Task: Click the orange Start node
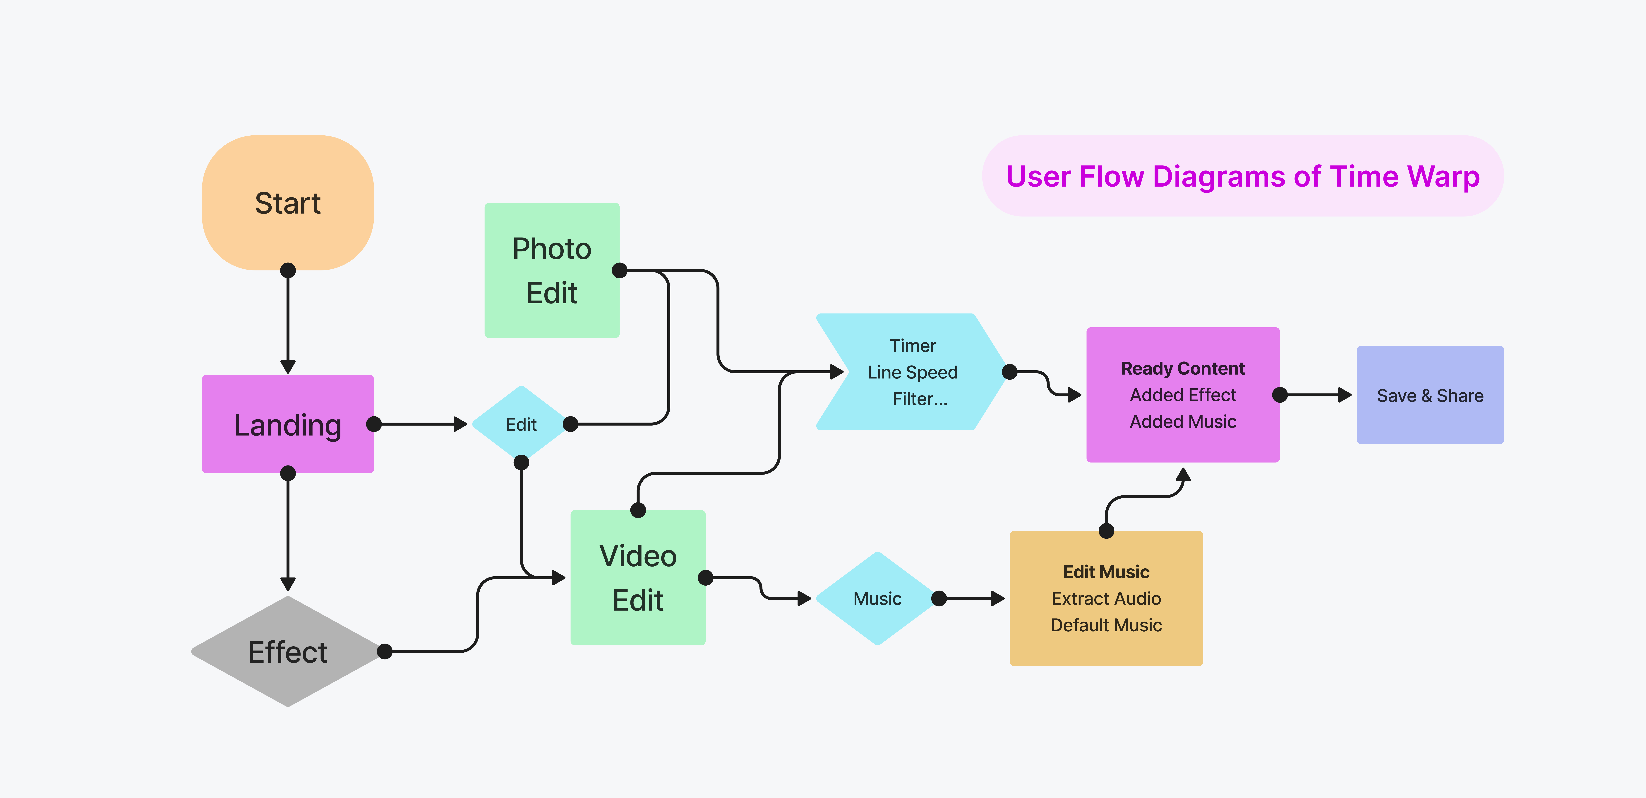pos(288,203)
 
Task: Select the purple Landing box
pos(288,424)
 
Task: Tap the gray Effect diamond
pos(288,652)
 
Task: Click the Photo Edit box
pos(551,270)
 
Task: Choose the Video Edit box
pos(638,577)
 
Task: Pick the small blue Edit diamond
pos(521,424)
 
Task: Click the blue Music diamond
pos(877,598)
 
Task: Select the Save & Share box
pos(1430,395)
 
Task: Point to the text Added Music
pos(1183,422)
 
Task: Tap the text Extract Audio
pos(1106,598)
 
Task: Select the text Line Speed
pos(913,372)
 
